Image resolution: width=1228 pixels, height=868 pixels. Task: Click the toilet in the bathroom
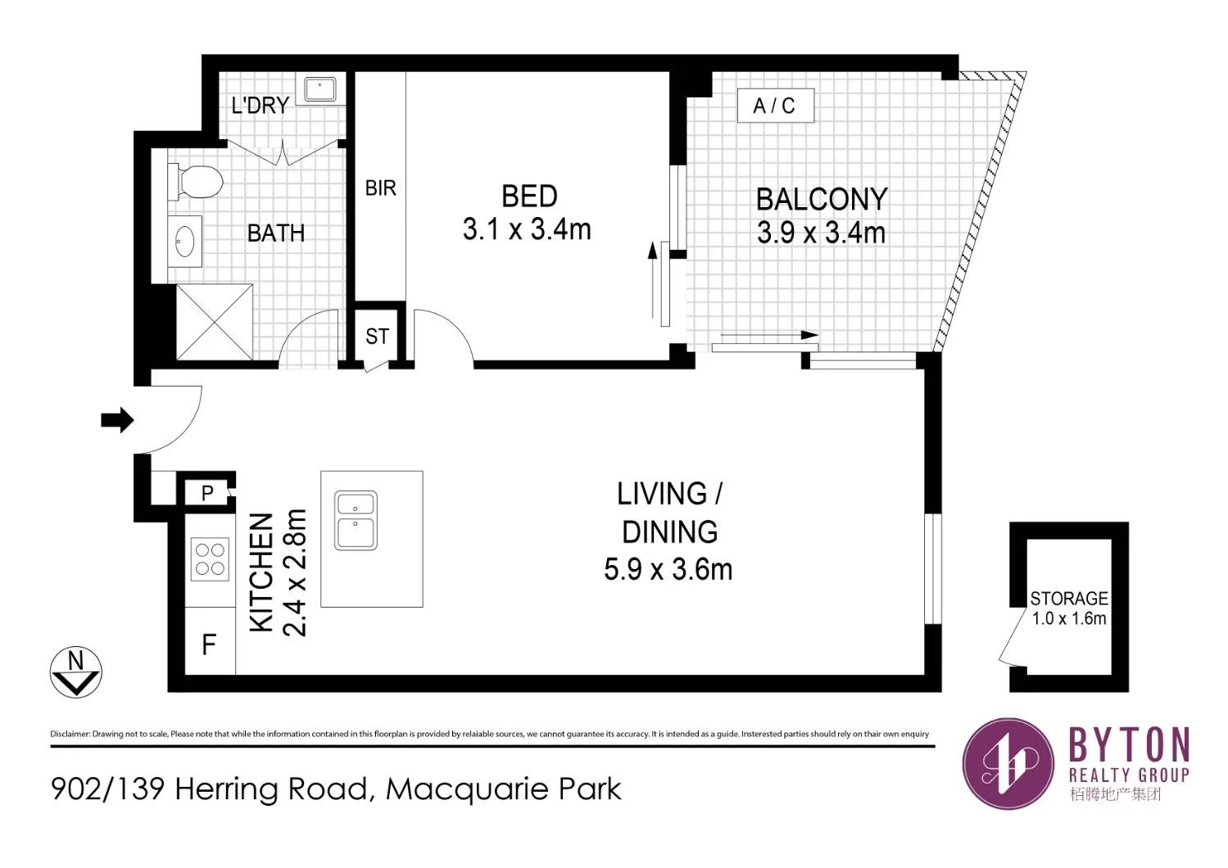[x=195, y=182]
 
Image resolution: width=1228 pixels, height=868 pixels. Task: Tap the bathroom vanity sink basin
[x=184, y=241]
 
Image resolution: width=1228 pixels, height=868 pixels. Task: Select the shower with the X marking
[x=215, y=322]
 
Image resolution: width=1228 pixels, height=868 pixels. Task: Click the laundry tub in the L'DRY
[x=320, y=89]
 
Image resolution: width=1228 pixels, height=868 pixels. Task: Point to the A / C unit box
[x=776, y=106]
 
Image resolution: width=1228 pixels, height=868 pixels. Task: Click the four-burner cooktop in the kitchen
[x=210, y=559]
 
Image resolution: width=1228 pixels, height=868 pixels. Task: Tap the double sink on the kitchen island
[x=356, y=521]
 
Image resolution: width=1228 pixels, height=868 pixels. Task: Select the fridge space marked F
[x=210, y=641]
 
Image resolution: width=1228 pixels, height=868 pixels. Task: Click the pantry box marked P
[x=207, y=493]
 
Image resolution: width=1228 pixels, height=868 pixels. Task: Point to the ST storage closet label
[x=377, y=337]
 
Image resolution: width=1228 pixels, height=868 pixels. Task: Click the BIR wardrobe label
[x=380, y=188]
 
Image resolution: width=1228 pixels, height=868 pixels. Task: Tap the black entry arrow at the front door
[x=117, y=420]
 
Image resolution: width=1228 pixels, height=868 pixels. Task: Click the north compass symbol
[x=75, y=671]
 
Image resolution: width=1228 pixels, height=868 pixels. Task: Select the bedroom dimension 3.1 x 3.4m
[x=527, y=229]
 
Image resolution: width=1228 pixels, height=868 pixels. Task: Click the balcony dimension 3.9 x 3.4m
[x=821, y=233]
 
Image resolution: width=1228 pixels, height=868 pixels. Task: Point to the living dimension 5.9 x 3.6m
[x=668, y=569]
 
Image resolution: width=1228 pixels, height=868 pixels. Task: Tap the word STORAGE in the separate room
[x=1069, y=599]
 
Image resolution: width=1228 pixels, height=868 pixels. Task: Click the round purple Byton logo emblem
[x=1008, y=764]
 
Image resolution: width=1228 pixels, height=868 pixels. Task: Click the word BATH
[x=276, y=234]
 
